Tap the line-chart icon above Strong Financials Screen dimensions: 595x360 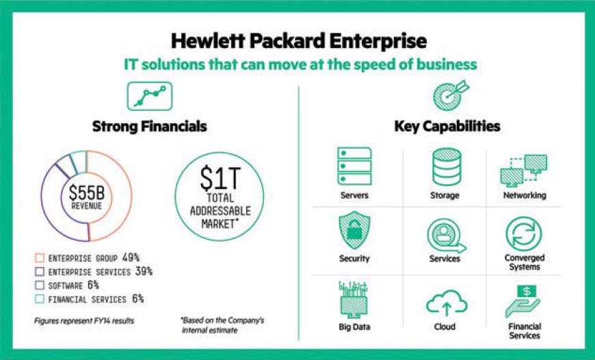coord(150,96)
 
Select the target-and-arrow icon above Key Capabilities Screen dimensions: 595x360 coord(451,95)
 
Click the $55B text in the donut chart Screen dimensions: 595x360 coord(87,192)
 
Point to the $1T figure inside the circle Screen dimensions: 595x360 coord(220,179)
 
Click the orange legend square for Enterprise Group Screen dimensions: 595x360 coord(40,258)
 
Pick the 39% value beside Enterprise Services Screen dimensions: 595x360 coord(144,272)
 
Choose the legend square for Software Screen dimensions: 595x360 coord(40,285)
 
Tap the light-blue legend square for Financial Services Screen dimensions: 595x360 coord(40,299)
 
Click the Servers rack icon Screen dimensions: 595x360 coord(354,166)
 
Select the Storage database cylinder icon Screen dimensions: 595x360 coord(447,167)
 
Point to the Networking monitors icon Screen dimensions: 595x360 coord(524,170)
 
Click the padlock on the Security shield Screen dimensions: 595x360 coord(354,231)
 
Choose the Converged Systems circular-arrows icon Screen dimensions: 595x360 coord(524,234)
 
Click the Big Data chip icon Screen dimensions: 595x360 coord(354,300)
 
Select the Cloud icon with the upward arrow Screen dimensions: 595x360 coord(447,303)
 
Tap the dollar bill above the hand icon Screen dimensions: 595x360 coord(527,292)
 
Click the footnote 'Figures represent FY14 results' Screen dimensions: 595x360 coord(84,321)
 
